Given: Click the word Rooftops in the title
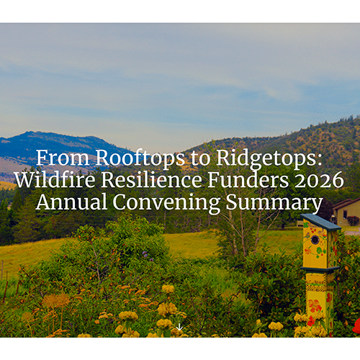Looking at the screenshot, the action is tap(140, 158).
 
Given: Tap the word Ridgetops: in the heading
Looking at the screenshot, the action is tap(269, 158).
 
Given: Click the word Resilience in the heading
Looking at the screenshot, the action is tap(151, 180).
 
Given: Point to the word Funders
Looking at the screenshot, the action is tap(248, 180).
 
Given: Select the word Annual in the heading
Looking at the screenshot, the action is tap(71, 202).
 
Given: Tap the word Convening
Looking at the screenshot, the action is tap(166, 203).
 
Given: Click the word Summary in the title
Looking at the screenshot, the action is tap(274, 203).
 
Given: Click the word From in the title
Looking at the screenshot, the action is tap(63, 158).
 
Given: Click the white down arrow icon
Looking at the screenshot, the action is tap(179, 327).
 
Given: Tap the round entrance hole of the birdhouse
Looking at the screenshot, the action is tap(315, 239).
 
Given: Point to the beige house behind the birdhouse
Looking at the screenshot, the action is tap(346, 212).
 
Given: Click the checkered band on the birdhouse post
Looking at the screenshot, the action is tap(318, 287).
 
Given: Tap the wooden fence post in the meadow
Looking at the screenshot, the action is tap(5, 292).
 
